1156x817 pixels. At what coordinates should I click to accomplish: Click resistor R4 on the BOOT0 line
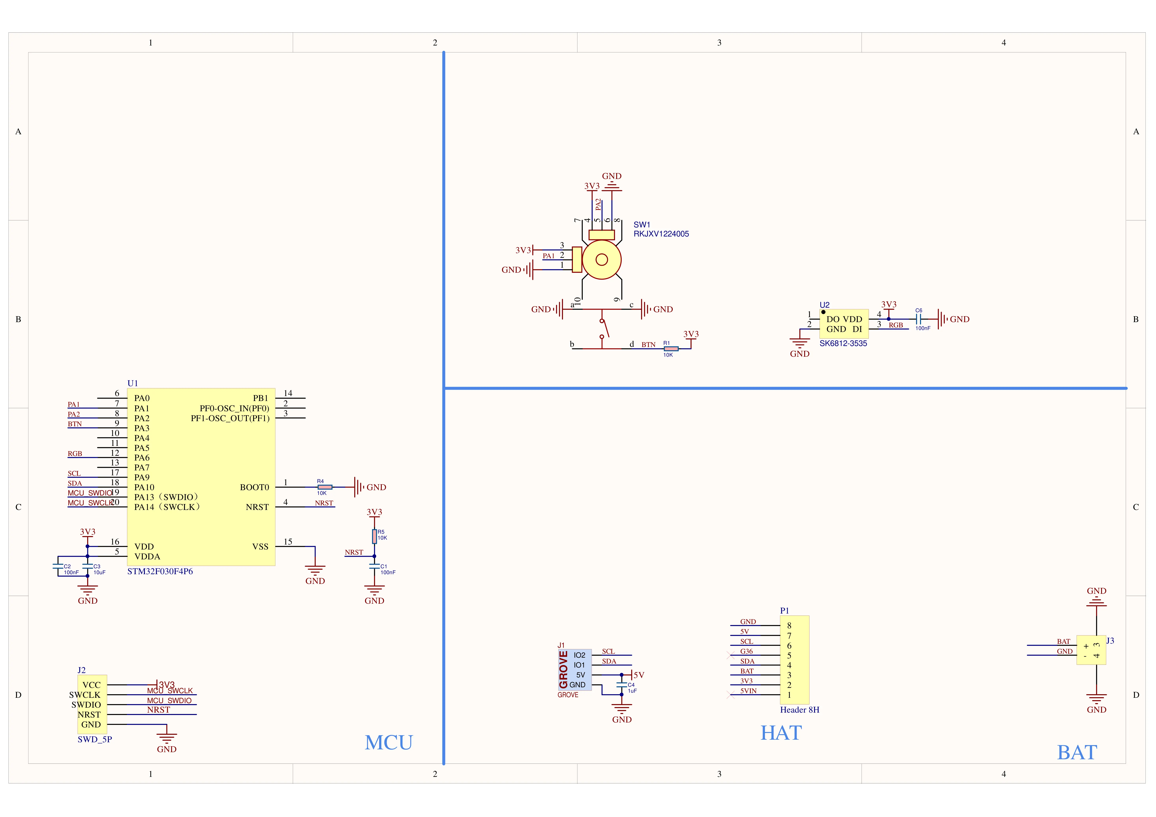pos(325,487)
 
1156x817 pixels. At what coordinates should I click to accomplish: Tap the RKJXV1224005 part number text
pos(661,234)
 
